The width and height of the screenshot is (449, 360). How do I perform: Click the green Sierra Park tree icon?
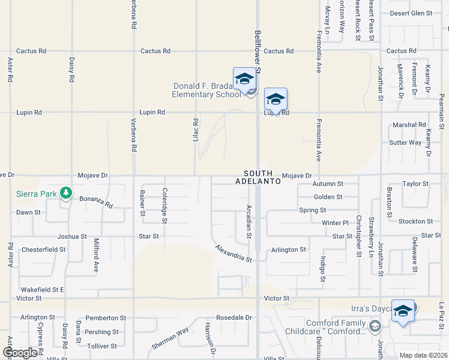[66, 194]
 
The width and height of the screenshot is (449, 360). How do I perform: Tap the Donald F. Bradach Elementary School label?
[206, 90]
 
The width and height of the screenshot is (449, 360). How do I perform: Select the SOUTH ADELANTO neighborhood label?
[258, 176]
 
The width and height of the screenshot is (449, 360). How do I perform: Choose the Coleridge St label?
[164, 205]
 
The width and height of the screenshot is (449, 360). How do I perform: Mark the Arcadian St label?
[249, 220]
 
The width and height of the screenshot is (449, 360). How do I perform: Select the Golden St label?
[328, 197]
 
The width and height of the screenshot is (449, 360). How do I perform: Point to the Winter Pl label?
[335, 223]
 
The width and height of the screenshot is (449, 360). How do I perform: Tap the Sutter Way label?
[405, 143]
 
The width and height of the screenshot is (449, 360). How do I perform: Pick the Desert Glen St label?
[411, 13]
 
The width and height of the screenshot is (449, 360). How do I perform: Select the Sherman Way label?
[170, 338]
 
